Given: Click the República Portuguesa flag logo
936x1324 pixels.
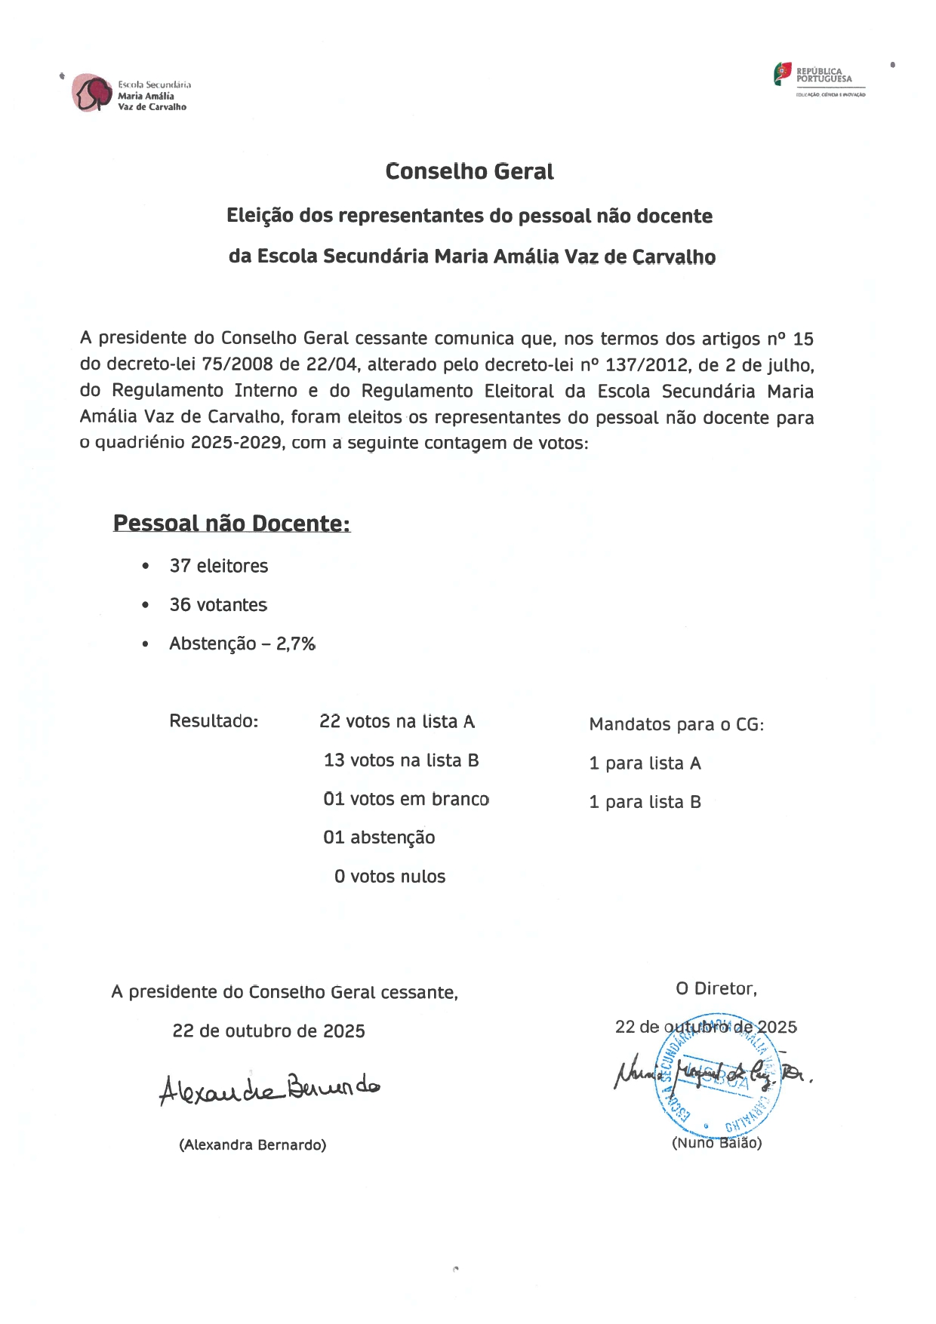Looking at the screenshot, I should click(x=783, y=74).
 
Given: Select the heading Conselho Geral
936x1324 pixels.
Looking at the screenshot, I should click(x=469, y=172).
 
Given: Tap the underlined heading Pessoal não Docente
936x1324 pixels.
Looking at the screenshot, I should click(x=231, y=524).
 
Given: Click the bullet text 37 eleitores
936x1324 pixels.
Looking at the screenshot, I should click(x=218, y=566).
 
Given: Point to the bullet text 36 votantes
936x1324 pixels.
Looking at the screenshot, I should click(x=217, y=605).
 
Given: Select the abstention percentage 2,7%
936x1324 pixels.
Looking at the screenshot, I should click(x=295, y=644).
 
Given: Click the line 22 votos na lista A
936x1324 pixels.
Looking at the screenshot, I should click(x=396, y=722).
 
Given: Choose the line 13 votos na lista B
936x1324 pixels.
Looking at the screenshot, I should click(x=401, y=760).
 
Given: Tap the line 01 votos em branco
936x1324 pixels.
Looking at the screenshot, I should click(x=405, y=800).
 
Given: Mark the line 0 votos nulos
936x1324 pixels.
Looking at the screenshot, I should click(x=389, y=877).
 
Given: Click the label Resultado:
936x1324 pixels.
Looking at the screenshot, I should click(x=214, y=721).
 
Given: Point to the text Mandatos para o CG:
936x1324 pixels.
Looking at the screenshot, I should click(x=676, y=725).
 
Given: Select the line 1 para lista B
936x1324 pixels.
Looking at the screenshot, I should click(x=645, y=802).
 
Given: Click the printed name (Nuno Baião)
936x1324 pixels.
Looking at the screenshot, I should click(x=716, y=1143).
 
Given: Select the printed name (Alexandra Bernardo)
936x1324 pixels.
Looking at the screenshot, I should click(x=252, y=1145).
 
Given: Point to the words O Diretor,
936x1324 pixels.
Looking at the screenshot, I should click(x=716, y=989).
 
